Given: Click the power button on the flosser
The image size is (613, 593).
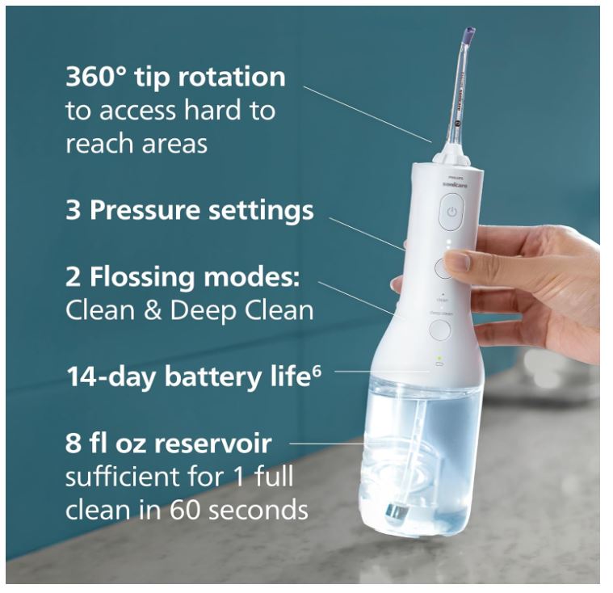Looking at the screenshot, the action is (x=451, y=212).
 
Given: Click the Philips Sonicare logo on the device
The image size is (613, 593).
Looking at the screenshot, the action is (x=454, y=182).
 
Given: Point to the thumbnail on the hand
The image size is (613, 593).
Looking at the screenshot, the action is (x=458, y=260).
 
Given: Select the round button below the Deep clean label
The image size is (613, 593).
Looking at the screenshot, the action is (x=440, y=330).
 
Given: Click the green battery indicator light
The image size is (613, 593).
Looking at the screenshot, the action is (x=439, y=358).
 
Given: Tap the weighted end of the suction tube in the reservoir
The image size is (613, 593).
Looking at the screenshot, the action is (x=396, y=511).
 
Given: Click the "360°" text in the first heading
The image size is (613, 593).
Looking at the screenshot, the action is (x=97, y=77).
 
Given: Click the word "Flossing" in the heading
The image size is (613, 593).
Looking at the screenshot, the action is (x=143, y=277).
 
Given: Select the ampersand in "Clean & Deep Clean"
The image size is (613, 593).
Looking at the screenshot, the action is (x=152, y=311).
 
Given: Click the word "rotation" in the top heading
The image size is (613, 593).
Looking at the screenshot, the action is (x=232, y=77).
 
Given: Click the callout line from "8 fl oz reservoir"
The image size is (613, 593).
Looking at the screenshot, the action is (x=328, y=444).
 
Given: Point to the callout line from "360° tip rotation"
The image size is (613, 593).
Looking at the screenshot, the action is (x=367, y=114).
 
